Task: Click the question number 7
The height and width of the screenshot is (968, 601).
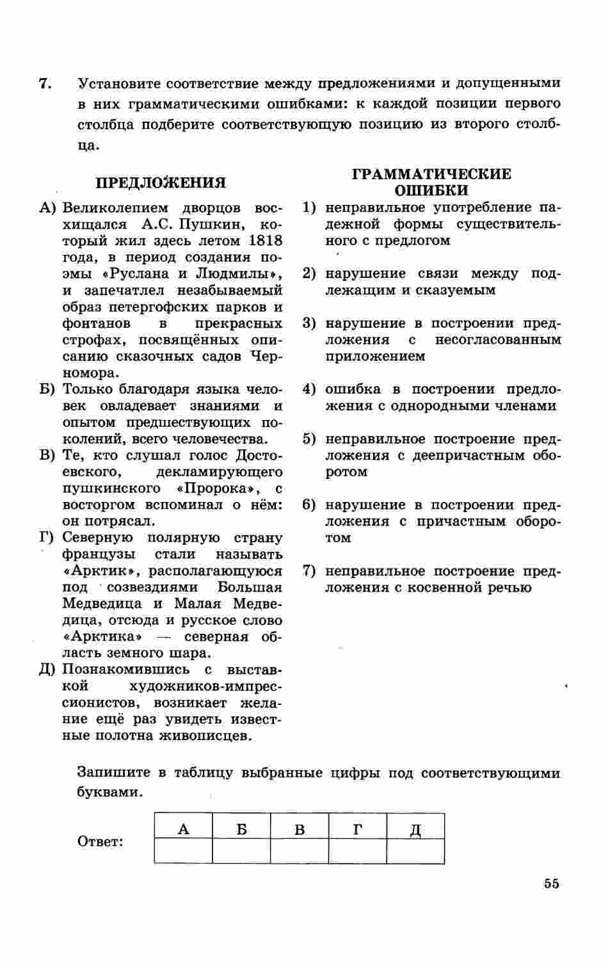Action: tap(44, 84)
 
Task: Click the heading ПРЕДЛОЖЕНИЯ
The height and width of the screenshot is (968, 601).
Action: tap(161, 183)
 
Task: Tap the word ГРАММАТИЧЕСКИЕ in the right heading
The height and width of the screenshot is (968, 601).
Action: tap(432, 174)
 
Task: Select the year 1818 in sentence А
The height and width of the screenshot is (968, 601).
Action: tap(264, 241)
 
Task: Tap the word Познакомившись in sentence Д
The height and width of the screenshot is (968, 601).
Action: tap(125, 670)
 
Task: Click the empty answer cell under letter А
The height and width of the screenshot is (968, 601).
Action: tap(183, 851)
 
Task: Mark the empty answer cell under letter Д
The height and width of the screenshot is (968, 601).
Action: tap(415, 851)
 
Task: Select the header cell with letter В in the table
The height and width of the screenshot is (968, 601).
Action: tap(300, 830)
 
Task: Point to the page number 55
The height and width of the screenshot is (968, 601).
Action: tap(551, 883)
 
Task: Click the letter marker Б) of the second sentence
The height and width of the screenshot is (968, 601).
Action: tap(47, 390)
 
